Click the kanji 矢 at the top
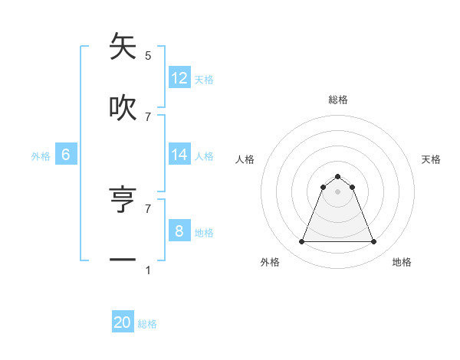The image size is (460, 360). click(123, 47)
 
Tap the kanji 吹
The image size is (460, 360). click(123, 108)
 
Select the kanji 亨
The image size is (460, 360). click(123, 200)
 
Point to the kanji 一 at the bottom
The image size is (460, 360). click(123, 260)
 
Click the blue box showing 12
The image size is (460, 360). click(179, 78)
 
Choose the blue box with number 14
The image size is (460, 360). click(179, 155)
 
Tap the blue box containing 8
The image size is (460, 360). click(179, 231)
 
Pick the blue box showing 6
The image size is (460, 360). click(66, 155)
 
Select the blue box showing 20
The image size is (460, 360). click(123, 323)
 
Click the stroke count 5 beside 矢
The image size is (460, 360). click(148, 56)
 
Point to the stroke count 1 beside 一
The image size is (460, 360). click(148, 270)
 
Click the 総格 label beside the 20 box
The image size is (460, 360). click(147, 325)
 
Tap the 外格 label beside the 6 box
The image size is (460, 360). click(41, 156)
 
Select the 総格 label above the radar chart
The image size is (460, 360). click(338, 100)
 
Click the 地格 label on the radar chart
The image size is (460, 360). click(402, 263)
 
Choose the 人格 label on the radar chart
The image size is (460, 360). click(245, 159)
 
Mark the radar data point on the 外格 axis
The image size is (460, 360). click(301, 242)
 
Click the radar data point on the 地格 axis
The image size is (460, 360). click(374, 242)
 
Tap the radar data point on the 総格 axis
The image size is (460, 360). click(338, 176)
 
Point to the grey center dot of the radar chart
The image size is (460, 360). click(338, 191)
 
